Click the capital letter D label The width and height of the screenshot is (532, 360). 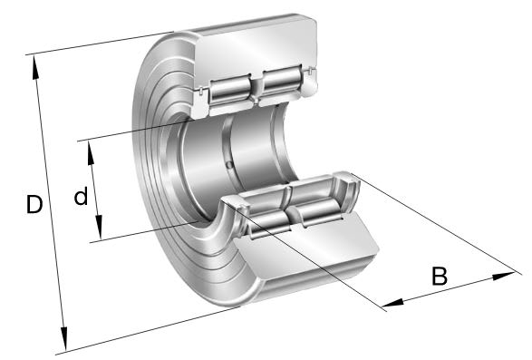click(34, 204)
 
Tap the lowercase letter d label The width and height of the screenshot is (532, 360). click(81, 196)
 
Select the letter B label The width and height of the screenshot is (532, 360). click(440, 276)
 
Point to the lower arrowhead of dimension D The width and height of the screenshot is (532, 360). click(63, 338)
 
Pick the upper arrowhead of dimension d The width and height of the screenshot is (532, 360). click(91, 153)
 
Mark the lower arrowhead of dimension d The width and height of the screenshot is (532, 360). click(99, 227)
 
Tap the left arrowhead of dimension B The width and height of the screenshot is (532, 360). click(393, 303)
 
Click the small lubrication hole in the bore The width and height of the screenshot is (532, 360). click(229, 165)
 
